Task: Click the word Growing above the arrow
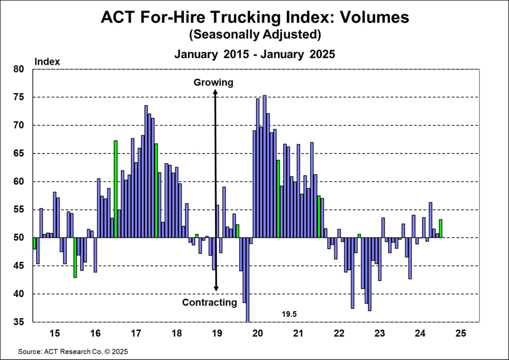pyautogui.click(x=213, y=83)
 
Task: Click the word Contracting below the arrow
pyautogui.click(x=209, y=302)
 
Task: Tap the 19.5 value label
pyautogui.click(x=290, y=313)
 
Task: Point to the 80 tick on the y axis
pyautogui.click(x=18, y=69)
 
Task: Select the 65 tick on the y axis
pyautogui.click(x=18, y=154)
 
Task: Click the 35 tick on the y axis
pyautogui.click(x=18, y=322)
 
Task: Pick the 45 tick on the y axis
pyautogui.click(x=18, y=266)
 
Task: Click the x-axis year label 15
pyautogui.click(x=55, y=334)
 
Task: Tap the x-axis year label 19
pyautogui.click(x=217, y=334)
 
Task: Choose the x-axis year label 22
pyautogui.click(x=339, y=334)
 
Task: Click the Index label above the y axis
pyautogui.click(x=48, y=62)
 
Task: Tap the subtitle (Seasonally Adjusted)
pyautogui.click(x=254, y=35)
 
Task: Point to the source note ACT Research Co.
pyautogui.click(x=73, y=352)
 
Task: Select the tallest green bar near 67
pyautogui.click(x=116, y=188)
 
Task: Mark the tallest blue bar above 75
pyautogui.click(x=264, y=164)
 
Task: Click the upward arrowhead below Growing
pyautogui.click(x=215, y=93)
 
